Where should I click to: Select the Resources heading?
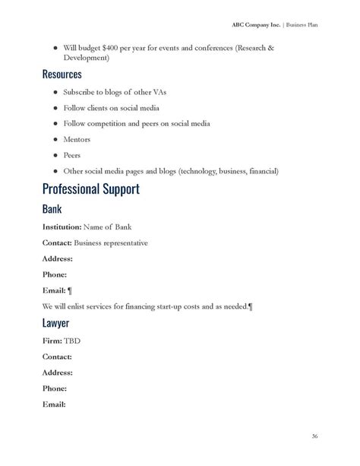[62, 75]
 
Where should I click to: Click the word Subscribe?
[82, 91]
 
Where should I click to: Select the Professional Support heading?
[90, 189]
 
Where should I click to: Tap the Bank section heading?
[52, 208]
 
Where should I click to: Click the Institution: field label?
[62, 227]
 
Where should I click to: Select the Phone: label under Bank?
[55, 274]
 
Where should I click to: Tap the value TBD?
[72, 341]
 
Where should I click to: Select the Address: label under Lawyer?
[58, 372]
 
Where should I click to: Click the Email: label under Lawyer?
[54, 404]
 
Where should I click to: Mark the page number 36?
[314, 436]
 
